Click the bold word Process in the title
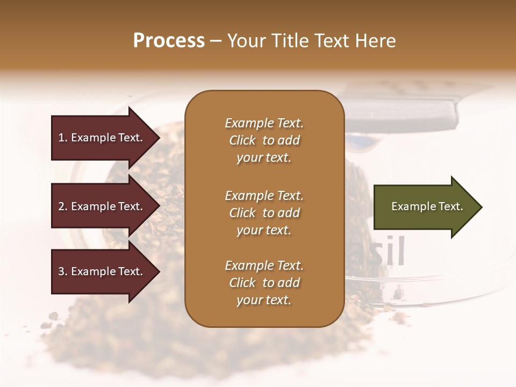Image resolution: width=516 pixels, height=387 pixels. click(x=169, y=41)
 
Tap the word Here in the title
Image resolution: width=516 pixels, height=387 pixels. click(x=375, y=41)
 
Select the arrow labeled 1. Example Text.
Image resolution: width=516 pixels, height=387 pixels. click(x=102, y=138)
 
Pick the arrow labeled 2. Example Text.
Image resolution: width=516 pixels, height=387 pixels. click(x=102, y=206)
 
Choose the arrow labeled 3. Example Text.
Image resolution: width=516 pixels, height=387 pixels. click(x=102, y=271)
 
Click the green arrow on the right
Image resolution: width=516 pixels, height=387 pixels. click(x=425, y=207)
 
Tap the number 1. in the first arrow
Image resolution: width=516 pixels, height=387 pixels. click(x=63, y=138)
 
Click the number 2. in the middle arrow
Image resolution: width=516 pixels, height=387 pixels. click(x=63, y=206)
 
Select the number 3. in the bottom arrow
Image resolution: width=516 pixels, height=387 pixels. click(x=63, y=271)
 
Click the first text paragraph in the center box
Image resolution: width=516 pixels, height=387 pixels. click(x=264, y=140)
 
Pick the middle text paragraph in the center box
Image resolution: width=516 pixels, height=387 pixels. click(x=264, y=213)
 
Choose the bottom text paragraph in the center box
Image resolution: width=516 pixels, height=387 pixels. click(x=264, y=283)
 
